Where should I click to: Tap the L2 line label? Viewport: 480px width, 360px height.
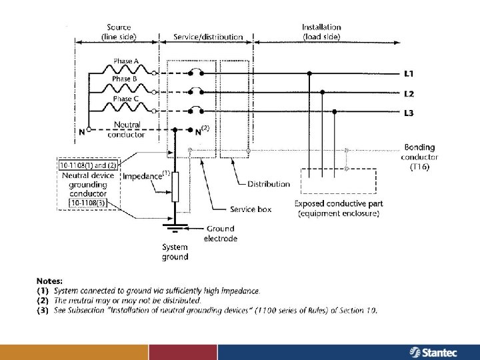tap(409, 93)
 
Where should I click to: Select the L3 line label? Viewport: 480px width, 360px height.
tap(409, 113)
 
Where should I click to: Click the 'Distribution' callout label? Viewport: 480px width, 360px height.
tap(269, 183)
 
